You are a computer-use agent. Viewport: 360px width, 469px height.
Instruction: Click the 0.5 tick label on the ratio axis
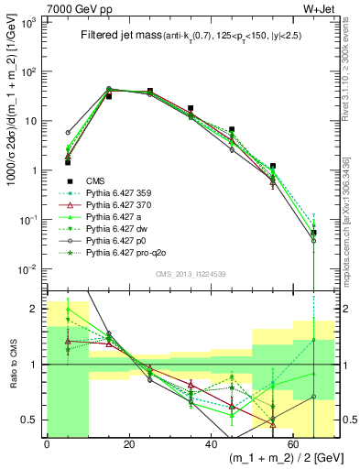coord(27,420)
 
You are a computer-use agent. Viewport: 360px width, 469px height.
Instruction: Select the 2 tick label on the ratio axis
coord(33,309)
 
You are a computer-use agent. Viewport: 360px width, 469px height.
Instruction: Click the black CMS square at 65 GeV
coord(314,233)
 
